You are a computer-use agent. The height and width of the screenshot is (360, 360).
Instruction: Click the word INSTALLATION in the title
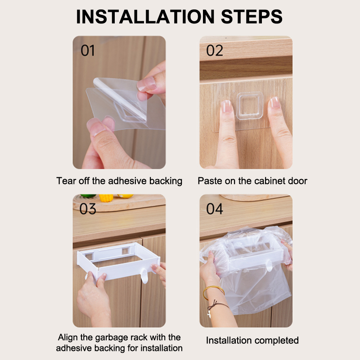coord(145,17)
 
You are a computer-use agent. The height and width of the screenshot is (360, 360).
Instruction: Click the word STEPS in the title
coord(252,17)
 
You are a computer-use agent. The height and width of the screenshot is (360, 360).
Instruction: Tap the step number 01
coord(88,50)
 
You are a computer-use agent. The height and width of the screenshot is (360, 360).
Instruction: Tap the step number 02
coord(215,50)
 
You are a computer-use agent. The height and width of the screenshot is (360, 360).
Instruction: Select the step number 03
coord(88,209)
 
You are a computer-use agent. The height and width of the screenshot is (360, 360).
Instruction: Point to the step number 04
coord(215,209)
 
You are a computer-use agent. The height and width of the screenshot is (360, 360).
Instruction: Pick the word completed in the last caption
coord(275,341)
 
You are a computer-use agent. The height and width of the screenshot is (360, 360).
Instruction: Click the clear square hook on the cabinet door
coord(250,106)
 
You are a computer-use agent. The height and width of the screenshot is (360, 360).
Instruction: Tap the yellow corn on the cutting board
coord(106,198)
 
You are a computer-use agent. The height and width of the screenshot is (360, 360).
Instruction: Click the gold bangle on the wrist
coord(213,292)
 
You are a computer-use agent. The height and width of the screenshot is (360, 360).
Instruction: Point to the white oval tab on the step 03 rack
coord(144,276)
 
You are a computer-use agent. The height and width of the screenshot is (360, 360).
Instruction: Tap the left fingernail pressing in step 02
coord(226,106)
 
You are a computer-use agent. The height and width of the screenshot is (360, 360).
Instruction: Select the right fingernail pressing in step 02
coord(274,103)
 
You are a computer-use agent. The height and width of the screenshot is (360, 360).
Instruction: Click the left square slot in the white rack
coord(89,256)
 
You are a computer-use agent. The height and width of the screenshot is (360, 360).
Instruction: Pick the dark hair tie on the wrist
coord(217,306)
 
